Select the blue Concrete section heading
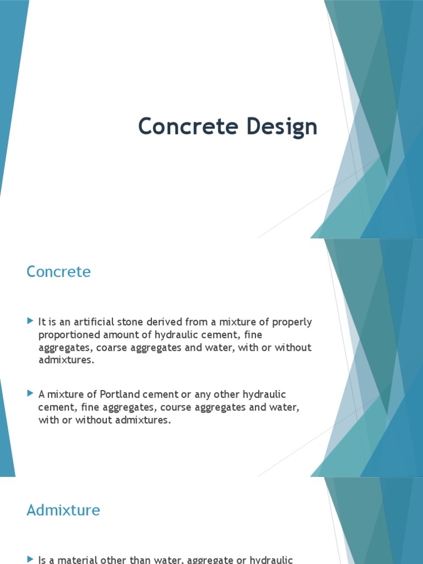pos(58,272)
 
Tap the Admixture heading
pos(63,510)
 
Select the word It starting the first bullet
pos(42,322)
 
